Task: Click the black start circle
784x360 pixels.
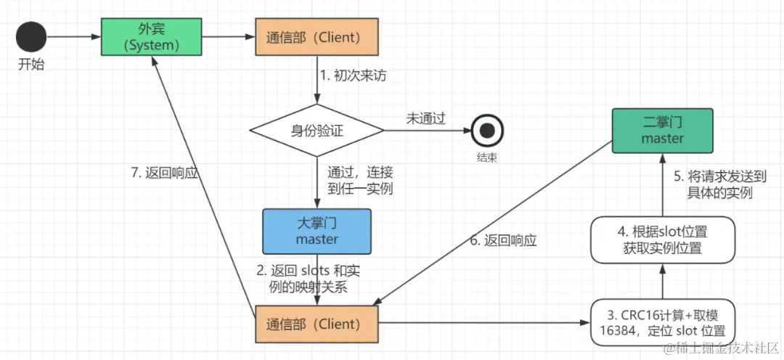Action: pyautogui.click(x=31, y=36)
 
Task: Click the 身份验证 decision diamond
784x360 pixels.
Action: pyautogui.click(x=317, y=131)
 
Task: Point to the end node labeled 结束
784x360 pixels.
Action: pyautogui.click(x=487, y=131)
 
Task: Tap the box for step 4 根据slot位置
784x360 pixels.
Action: pyautogui.click(x=662, y=240)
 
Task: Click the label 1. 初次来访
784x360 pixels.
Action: pyautogui.click(x=354, y=75)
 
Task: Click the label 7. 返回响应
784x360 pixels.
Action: pyautogui.click(x=163, y=174)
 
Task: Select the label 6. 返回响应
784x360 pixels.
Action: pyautogui.click(x=502, y=241)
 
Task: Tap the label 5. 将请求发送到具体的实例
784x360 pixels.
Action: pyautogui.click(x=719, y=184)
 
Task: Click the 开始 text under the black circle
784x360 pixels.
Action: pyautogui.click(x=31, y=65)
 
